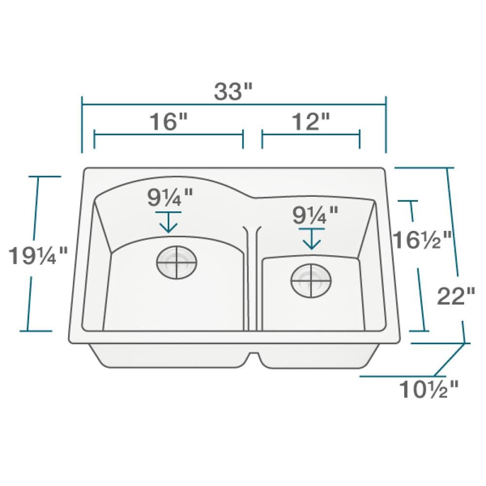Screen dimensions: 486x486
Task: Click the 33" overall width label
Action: click(x=234, y=91)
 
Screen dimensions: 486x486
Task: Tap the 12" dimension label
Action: click(x=311, y=121)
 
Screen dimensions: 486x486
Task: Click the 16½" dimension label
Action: click(x=422, y=240)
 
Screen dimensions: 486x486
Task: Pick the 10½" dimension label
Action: click(x=429, y=389)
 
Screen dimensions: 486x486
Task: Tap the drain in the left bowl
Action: click(x=177, y=263)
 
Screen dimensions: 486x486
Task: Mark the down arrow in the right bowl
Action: click(x=312, y=239)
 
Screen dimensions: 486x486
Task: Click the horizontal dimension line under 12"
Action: click(x=311, y=135)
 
